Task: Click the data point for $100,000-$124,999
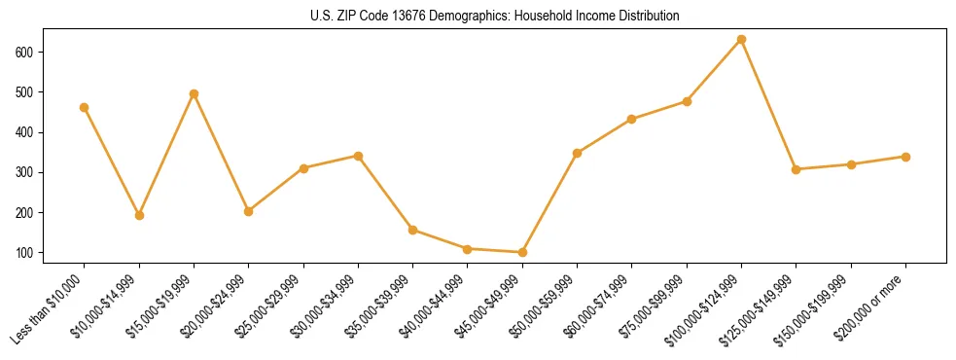point(741,40)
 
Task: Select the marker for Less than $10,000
point(85,108)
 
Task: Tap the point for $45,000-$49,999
point(522,253)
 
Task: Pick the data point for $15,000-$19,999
point(194,94)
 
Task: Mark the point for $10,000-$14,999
point(139,215)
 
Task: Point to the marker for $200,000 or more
point(905,157)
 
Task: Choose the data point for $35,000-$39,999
point(413,231)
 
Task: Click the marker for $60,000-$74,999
point(632,120)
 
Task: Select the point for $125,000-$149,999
point(796,169)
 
